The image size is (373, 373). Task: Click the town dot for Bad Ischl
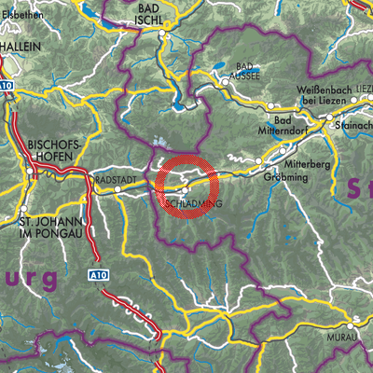coord(161,33)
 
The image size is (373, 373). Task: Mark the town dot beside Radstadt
coord(118,188)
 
